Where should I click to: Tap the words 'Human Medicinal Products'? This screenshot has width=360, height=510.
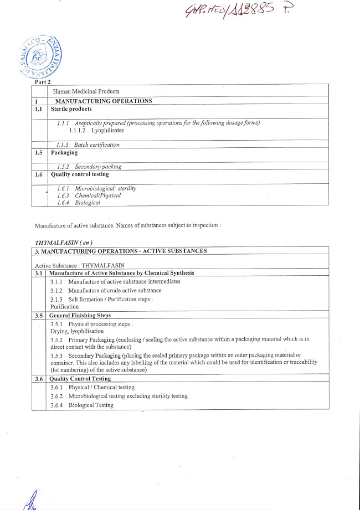pos(86,91)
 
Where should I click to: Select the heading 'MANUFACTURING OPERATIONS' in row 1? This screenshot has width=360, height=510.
pos(103,101)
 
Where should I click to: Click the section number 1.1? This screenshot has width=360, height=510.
pos(38,109)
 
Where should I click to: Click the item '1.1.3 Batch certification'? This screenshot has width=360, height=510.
pos(88,145)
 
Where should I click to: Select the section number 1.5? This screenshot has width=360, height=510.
pos(38,153)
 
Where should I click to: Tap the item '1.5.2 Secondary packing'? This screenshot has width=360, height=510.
pos(89,166)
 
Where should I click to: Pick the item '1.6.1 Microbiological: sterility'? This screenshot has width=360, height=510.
pos(97,188)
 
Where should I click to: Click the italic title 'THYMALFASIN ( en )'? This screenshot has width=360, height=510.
pos(63,243)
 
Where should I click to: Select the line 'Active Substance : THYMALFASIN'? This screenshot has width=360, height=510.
pos(80,265)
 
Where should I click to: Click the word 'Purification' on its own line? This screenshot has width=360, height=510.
pos(64,306)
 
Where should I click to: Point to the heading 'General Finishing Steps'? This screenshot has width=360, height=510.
pos(80,316)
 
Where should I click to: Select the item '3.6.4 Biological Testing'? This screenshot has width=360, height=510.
pos(81,405)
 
